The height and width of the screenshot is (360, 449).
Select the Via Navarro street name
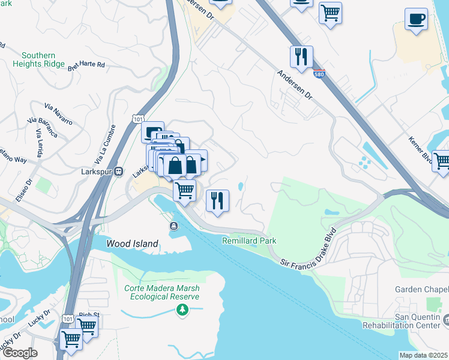pos(58,113)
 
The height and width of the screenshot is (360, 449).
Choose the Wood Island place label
pos(132,244)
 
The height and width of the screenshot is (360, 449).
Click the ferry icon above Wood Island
pos(173,226)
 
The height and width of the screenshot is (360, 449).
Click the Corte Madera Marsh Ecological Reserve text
pos(161,292)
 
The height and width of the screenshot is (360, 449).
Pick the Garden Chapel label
pos(421,289)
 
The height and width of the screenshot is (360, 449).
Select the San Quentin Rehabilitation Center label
pos(403,322)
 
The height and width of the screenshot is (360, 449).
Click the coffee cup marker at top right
pos(416,19)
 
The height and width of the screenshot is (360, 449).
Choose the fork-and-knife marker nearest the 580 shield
pos(301,56)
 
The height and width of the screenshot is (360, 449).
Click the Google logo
pos(19,353)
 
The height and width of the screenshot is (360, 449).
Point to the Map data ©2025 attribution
pos(423,355)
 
